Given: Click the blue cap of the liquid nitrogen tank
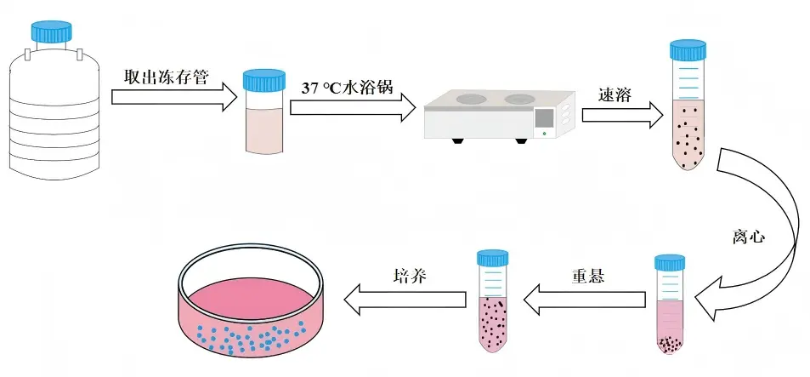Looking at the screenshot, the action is click(x=51, y=31).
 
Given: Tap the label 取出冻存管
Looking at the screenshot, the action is click(x=167, y=77).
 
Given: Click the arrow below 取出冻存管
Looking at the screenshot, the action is click(x=174, y=97).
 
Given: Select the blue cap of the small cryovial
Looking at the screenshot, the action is click(x=264, y=80).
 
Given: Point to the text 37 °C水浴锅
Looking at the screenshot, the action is click(x=348, y=87).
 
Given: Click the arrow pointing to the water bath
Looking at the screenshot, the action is click(x=353, y=107).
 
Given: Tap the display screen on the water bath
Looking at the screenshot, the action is click(x=545, y=118).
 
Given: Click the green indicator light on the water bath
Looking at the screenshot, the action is click(x=544, y=134).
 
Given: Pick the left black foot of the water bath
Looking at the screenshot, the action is click(x=456, y=140).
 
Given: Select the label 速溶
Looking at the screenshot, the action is click(x=615, y=94).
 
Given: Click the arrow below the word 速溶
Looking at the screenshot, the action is click(x=622, y=115).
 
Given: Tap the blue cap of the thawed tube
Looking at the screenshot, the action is click(x=688, y=49).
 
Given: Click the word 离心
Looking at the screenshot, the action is click(x=748, y=237).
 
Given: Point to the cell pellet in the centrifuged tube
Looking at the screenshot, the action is click(x=670, y=345).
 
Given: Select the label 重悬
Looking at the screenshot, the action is click(x=588, y=275).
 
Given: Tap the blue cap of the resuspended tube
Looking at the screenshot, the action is click(x=492, y=258).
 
